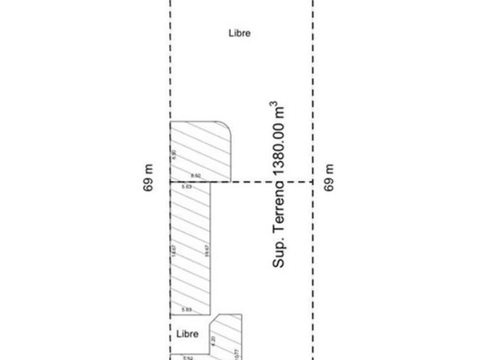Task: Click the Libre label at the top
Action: [x=239, y=33]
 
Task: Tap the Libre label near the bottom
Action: [x=187, y=334]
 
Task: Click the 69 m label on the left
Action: [x=149, y=178]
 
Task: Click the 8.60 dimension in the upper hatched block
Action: [x=195, y=176]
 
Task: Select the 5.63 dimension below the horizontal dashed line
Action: [x=186, y=187]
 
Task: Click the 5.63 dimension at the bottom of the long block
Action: [x=186, y=310]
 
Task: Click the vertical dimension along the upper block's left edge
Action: [x=174, y=154]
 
